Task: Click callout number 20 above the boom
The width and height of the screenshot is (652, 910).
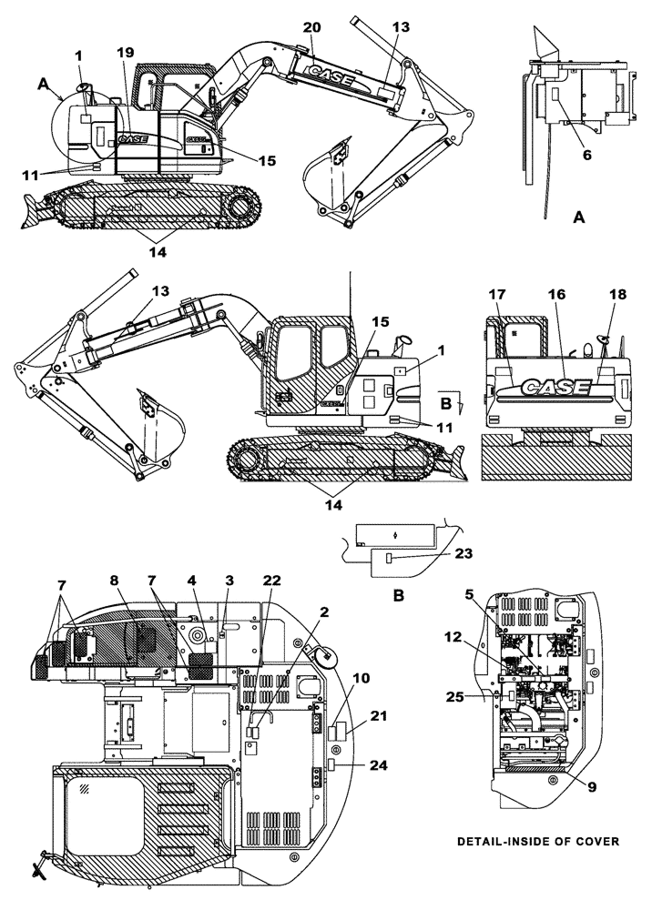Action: [311, 29]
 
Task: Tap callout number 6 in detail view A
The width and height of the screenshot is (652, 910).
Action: [587, 155]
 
